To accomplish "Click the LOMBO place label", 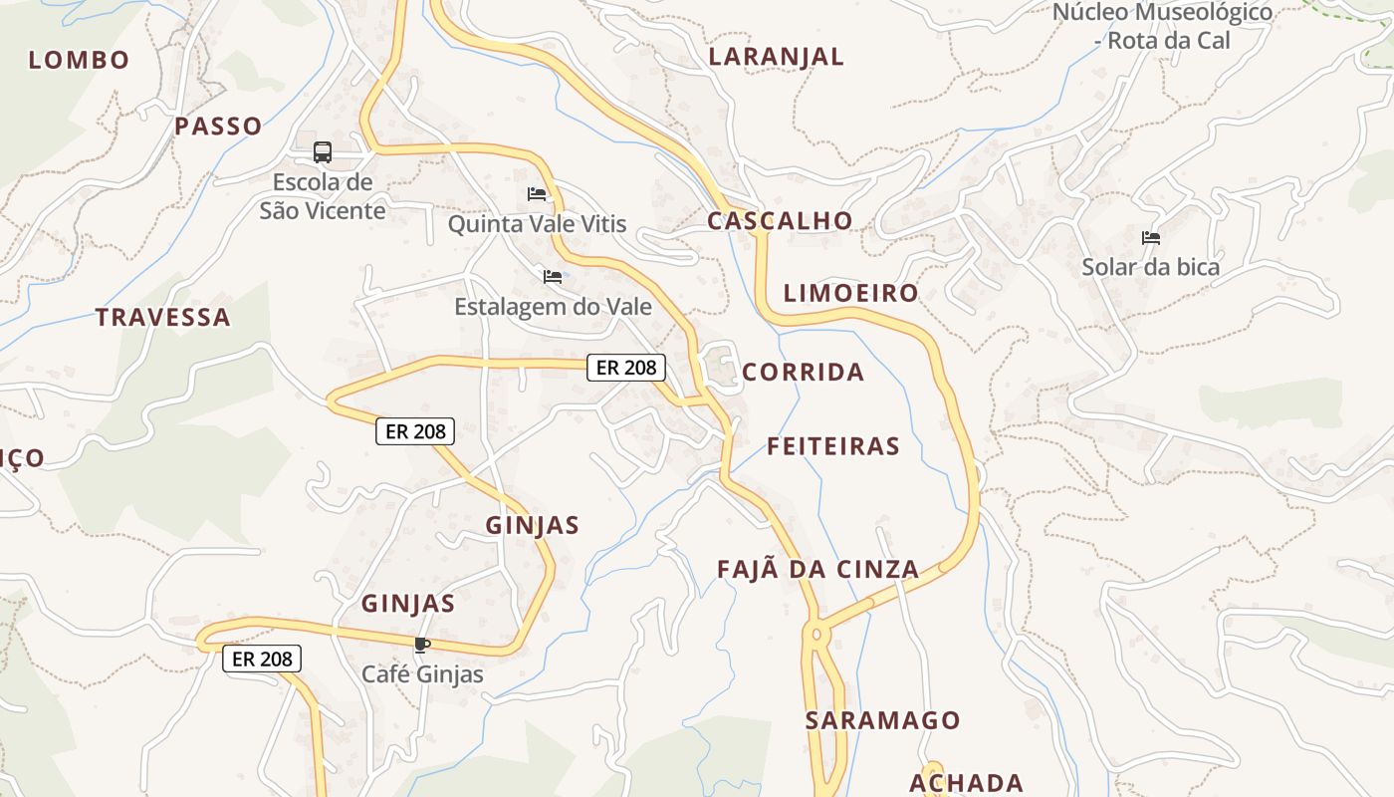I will (79, 60).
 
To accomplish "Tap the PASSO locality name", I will (218, 127).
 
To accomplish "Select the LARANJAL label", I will (776, 57).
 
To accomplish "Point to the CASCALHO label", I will (780, 221).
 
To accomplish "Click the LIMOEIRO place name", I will (850, 293).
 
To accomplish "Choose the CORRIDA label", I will (803, 373).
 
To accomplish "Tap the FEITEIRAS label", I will (832, 446).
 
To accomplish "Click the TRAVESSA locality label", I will (162, 318).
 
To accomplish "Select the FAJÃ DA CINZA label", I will (817, 570).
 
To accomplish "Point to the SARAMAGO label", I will (882, 720).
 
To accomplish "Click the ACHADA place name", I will (966, 783).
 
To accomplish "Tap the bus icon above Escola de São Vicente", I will (323, 152).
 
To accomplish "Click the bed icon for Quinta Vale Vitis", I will (537, 194).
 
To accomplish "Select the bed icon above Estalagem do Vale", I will (553, 276).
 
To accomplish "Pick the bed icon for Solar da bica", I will (1151, 238).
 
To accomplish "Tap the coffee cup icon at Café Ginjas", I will (422, 645).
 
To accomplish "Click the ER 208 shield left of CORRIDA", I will (625, 368).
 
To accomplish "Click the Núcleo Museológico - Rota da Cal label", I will (1162, 27).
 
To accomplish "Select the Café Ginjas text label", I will (422, 674).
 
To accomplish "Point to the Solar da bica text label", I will (1150, 268).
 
